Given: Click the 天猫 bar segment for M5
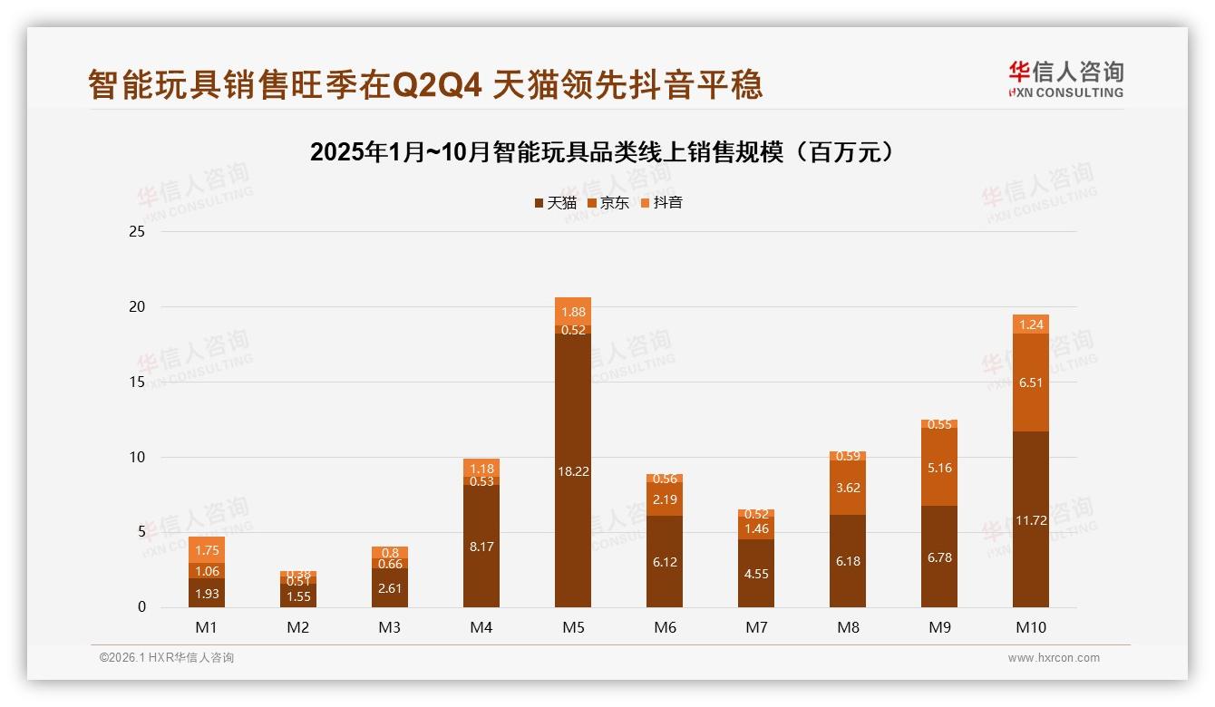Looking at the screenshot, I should (572, 470).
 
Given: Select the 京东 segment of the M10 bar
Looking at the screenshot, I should (1030, 383).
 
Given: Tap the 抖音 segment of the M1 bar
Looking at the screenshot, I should (207, 549).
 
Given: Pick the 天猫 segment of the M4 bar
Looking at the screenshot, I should (481, 546).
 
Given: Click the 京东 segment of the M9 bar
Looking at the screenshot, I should (938, 467).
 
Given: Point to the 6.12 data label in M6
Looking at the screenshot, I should (664, 562).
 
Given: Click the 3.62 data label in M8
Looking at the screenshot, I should (847, 488).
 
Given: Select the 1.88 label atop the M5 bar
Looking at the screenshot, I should (572, 312).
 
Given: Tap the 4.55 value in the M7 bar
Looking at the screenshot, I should (755, 574).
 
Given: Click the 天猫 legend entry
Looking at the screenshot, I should (555, 203).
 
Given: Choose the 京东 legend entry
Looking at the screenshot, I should (607, 203).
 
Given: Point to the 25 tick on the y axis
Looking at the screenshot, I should (137, 232).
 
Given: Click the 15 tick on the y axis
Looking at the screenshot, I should (137, 383).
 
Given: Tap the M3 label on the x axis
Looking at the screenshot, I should (389, 627).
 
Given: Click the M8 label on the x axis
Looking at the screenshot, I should (847, 627).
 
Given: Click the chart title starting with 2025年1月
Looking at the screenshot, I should (607, 152).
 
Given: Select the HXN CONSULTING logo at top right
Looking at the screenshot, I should (1065, 80).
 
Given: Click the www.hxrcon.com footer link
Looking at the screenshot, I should (1054, 658).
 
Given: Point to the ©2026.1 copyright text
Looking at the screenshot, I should (166, 658).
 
